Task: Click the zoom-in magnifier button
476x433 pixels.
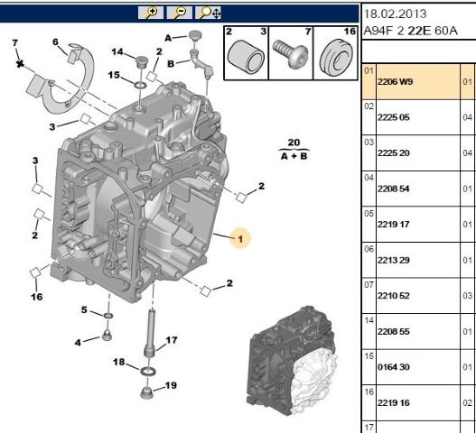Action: [151, 13]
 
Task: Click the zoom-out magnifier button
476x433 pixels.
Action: [179, 13]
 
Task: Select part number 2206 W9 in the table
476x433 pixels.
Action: [395, 82]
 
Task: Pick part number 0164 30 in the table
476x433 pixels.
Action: [394, 367]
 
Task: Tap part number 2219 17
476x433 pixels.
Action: [394, 225]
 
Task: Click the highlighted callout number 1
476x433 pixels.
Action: [240, 239]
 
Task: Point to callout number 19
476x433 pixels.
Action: [171, 385]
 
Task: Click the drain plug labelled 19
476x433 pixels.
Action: [146, 392]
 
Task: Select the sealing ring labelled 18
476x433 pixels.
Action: [148, 371]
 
